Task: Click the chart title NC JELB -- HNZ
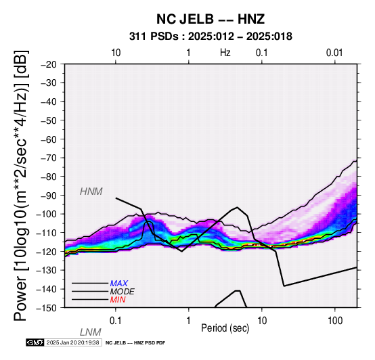(x=211, y=19)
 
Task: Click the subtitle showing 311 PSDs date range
(x=211, y=37)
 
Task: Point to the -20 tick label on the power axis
(x=49, y=64)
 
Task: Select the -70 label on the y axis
(x=49, y=158)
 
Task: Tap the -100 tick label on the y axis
(x=47, y=214)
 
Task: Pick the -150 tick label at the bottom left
(x=47, y=308)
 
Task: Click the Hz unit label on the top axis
(x=225, y=53)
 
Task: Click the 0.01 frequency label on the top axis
(x=334, y=53)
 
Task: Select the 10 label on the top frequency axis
(x=116, y=53)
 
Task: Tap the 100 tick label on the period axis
(x=335, y=321)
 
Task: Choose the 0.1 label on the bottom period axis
(x=115, y=321)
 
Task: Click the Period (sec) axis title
(x=225, y=328)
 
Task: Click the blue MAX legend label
(x=119, y=284)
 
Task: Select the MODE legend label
(x=123, y=292)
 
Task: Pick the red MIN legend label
(x=118, y=300)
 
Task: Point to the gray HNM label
(x=91, y=192)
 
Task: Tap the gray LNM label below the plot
(x=91, y=332)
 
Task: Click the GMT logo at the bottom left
(x=35, y=342)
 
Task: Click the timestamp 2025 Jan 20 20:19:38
(x=72, y=342)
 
